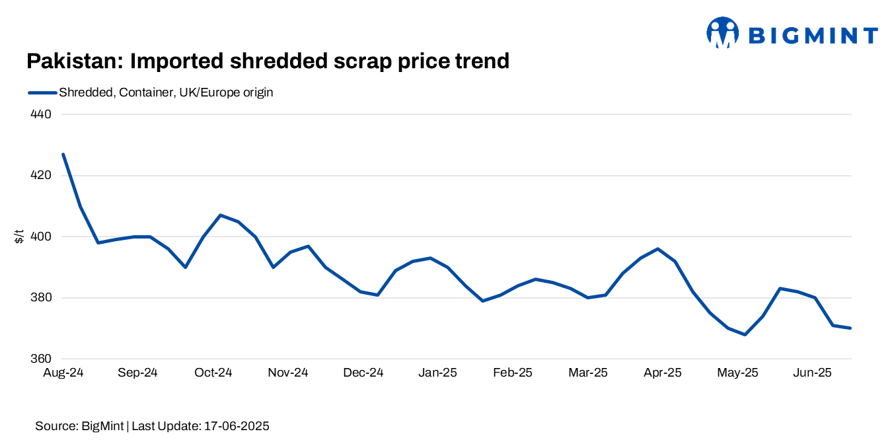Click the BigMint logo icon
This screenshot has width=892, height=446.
(722, 33)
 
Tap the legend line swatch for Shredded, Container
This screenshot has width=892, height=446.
(42, 93)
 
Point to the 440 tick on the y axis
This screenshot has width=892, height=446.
(42, 114)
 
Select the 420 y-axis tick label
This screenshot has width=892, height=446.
(42, 176)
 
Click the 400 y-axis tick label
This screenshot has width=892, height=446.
(42, 237)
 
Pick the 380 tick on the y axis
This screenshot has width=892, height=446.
(42, 298)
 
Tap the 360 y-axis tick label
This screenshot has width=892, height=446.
(42, 359)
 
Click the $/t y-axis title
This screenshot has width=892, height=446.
(19, 236)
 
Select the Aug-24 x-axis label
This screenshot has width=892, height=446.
(63, 373)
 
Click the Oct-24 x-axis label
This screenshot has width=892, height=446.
(213, 373)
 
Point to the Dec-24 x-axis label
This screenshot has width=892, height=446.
(363, 373)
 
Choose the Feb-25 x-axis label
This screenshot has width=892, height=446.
(513, 373)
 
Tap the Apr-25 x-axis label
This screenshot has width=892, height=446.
(663, 373)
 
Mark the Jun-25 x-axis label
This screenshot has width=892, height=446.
(813, 373)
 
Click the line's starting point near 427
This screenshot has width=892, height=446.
(63, 154)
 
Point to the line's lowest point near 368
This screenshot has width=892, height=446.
(745, 334)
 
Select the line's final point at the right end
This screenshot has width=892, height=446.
(851, 328)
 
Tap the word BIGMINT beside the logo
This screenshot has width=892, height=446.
(813, 35)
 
